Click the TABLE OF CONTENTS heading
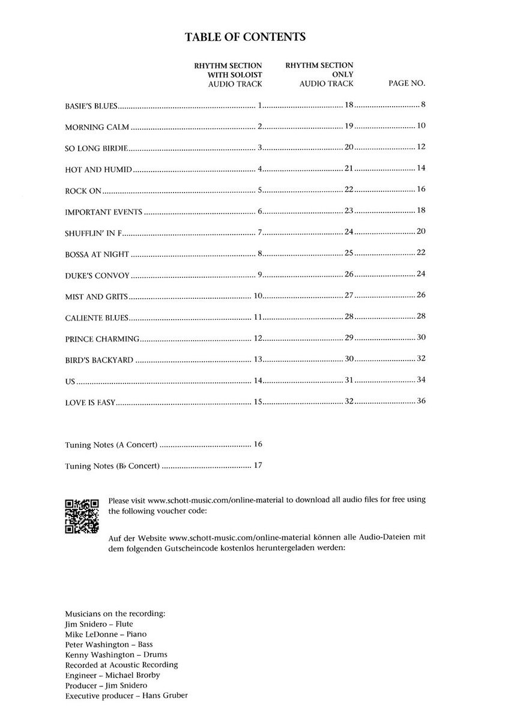[246, 37]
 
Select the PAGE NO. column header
[407, 84]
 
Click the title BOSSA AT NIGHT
[97, 254]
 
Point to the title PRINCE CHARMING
[102, 339]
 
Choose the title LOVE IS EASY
[89, 402]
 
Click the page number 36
[421, 401]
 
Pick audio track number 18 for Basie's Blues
[349, 105]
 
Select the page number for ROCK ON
[421, 189]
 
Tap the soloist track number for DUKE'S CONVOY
[260, 274]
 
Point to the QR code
[81, 516]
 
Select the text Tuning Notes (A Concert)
[111, 445]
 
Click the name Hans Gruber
[174, 695]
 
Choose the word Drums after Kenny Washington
[156, 654]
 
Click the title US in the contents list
[70, 381]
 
